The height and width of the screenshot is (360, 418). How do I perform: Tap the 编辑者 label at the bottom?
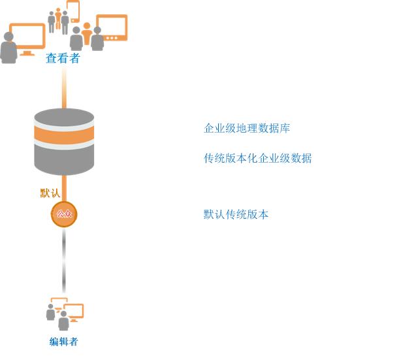pyautogui.click(x=63, y=342)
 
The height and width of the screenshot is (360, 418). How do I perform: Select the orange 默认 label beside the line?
pyautogui.click(x=50, y=193)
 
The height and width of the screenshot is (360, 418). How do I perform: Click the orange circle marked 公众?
pyautogui.click(x=64, y=214)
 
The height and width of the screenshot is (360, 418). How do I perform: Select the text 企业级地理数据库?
pyautogui.click(x=246, y=129)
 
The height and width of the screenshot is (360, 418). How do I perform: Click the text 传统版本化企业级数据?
pyautogui.click(x=257, y=158)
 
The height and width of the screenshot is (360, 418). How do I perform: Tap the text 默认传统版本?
pyautogui.click(x=236, y=214)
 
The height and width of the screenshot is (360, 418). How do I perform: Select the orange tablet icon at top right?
pyautogui.click(x=112, y=27)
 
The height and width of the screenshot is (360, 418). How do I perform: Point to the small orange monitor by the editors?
pyautogui.click(x=73, y=312)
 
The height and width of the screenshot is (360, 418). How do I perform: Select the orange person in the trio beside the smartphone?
pyautogui.click(x=58, y=18)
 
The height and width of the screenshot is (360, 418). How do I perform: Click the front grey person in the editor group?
pyautogui.click(x=63, y=321)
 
